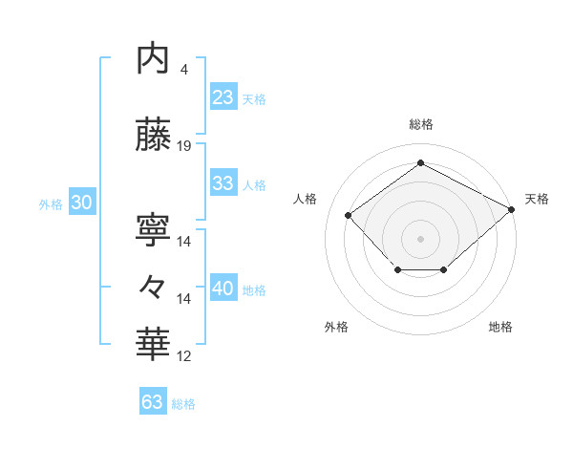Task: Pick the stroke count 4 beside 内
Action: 183,70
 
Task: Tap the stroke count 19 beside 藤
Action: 184,146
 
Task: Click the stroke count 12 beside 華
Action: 184,356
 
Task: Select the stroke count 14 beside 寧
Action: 184,242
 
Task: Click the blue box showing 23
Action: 223,97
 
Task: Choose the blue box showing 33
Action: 223,183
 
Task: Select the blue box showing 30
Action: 80,203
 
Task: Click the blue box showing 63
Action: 152,402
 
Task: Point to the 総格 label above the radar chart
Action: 420,124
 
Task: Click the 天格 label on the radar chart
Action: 537,199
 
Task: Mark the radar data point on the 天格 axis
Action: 513,209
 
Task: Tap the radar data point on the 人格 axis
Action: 349,215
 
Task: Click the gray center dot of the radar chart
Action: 420,238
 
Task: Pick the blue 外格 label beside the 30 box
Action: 50,203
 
